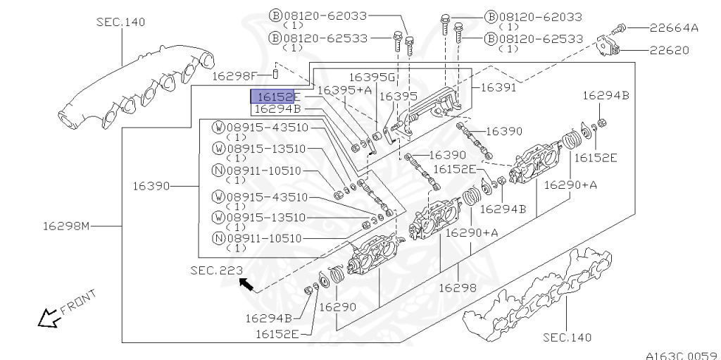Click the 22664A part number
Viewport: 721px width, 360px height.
[x=674, y=28]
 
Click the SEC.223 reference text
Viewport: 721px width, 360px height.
[x=216, y=270]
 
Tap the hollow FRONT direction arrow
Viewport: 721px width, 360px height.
[x=49, y=318]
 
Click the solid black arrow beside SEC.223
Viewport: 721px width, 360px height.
[x=246, y=284]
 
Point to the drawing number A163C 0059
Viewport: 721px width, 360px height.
[x=681, y=354]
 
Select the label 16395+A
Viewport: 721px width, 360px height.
[x=344, y=90]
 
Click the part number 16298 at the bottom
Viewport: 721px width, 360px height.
[x=458, y=287]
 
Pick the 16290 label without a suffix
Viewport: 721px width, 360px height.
[x=337, y=307]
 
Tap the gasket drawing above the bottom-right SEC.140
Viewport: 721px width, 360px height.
[x=535, y=296]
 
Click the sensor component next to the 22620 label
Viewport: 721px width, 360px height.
[x=606, y=46]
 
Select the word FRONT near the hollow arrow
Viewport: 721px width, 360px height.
[x=77, y=301]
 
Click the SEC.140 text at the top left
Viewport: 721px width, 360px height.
[x=120, y=22]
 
